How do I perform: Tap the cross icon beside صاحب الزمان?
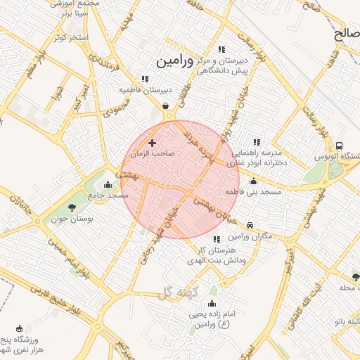(x=153, y=143)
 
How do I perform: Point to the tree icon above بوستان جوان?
(x=72, y=207)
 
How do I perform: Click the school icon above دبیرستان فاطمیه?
(x=145, y=79)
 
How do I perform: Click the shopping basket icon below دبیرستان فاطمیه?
(x=165, y=106)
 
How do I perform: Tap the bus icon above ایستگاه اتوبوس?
(x=340, y=146)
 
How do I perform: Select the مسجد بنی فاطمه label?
(x=253, y=191)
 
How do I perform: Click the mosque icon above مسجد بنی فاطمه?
(x=253, y=181)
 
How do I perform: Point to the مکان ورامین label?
(x=250, y=236)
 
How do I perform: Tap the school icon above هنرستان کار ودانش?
(x=216, y=240)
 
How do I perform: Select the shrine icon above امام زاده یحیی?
(x=212, y=304)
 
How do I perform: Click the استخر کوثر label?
(x=68, y=37)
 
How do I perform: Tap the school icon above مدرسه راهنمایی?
(x=256, y=142)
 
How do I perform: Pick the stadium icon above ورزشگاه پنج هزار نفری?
(x=19, y=328)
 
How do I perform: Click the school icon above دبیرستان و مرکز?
(x=222, y=49)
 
